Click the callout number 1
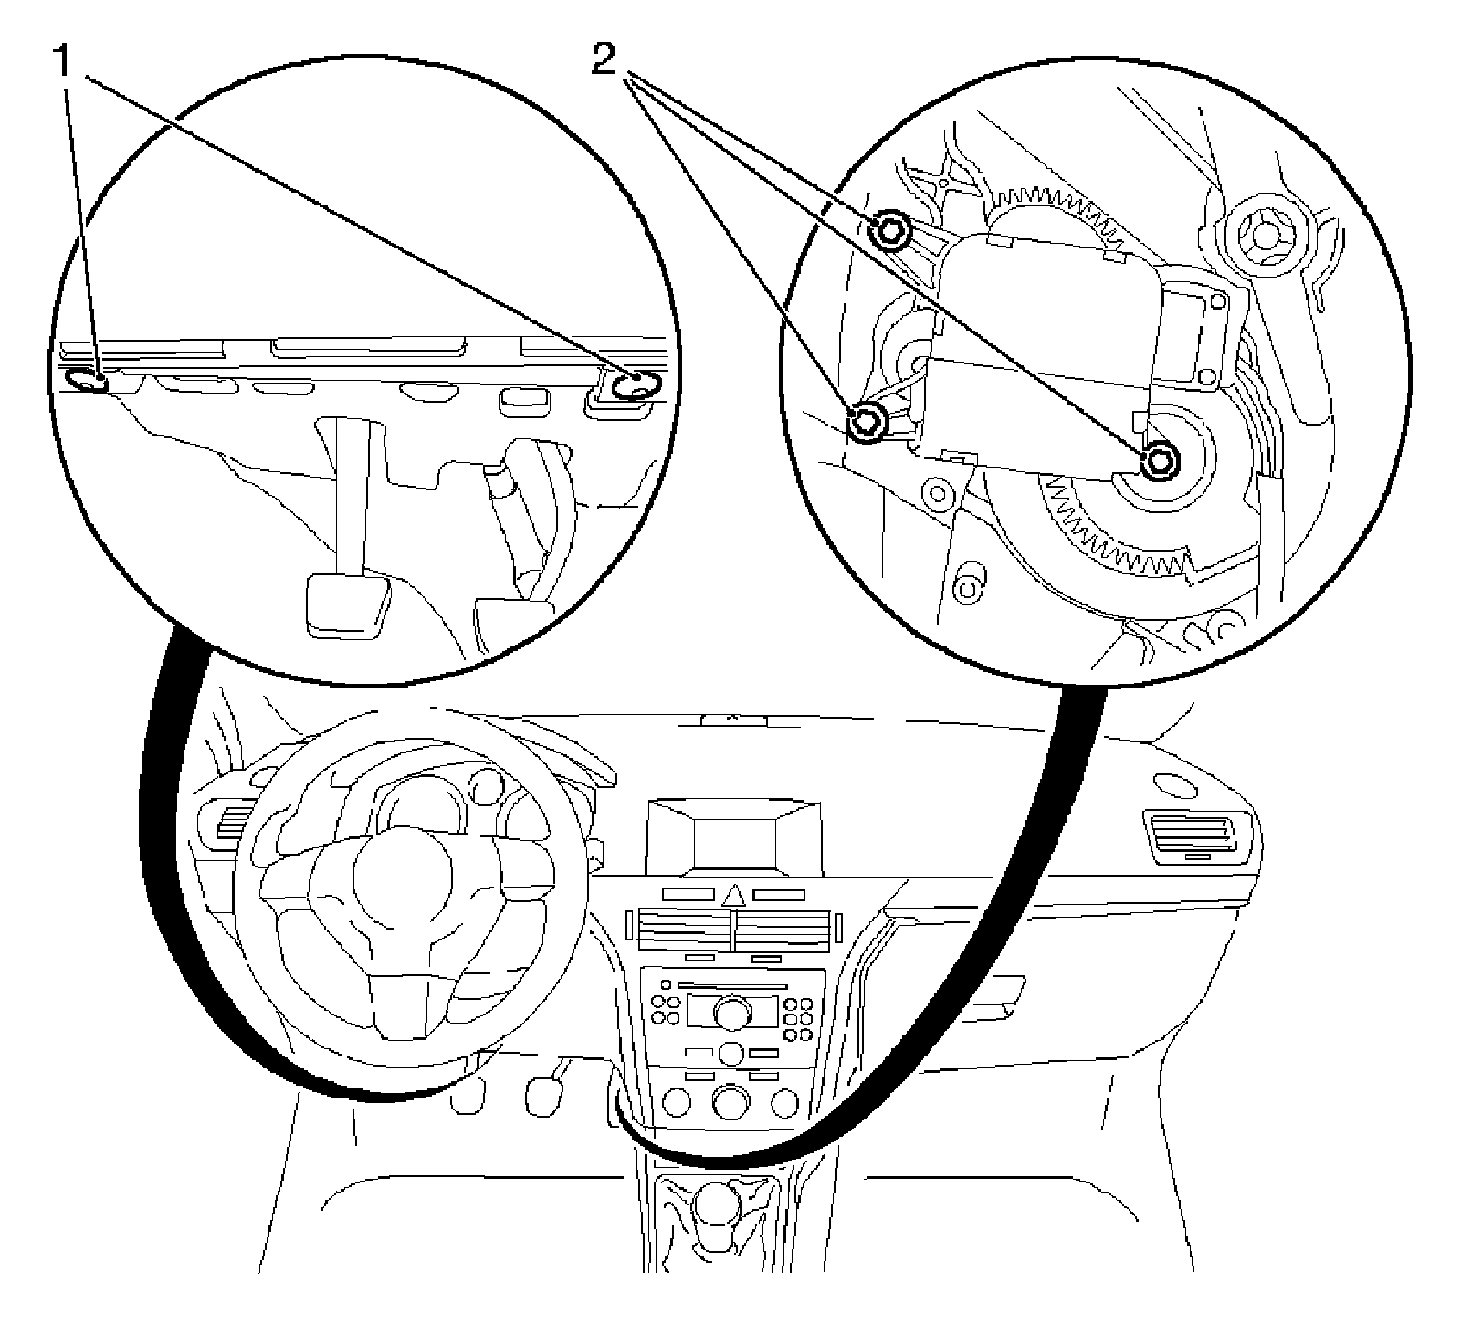64,64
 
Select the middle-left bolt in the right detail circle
866,421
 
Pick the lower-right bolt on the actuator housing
1158,461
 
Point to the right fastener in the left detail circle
632,386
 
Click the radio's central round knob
731,1011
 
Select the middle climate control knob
731,1102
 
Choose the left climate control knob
678,1104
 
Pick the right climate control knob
784,1104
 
